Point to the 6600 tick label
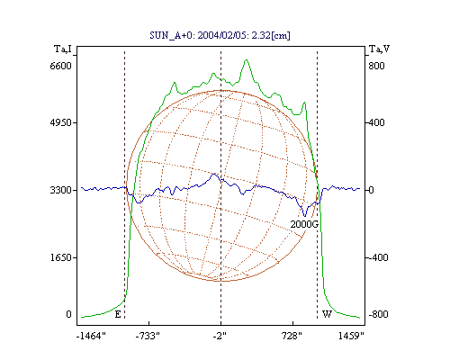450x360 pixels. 60,66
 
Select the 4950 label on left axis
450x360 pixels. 60,122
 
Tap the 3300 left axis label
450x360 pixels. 60,190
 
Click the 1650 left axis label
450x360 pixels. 60,257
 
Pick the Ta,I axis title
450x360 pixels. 63,49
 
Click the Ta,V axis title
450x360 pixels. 379,49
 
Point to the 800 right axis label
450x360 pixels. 376,66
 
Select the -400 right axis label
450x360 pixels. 378,257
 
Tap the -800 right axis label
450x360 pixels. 378,314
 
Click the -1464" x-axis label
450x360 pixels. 91,336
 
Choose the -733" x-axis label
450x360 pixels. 148,336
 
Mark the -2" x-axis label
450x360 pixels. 220,336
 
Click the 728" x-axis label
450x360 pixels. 292,336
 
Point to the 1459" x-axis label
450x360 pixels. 351,336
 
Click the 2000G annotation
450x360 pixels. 304,224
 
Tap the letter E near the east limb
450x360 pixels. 118,314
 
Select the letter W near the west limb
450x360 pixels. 327,314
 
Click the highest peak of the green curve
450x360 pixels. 247,60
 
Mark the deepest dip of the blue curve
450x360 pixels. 305,216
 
